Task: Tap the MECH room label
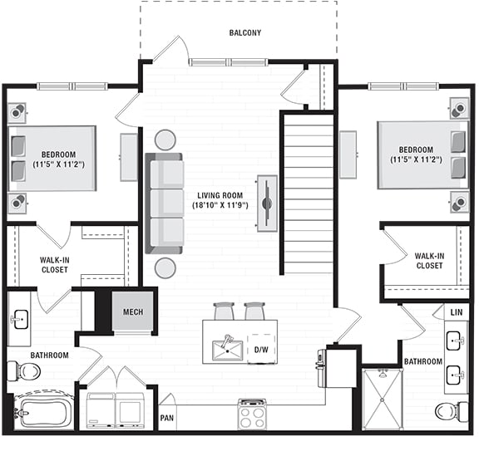tap(133, 312)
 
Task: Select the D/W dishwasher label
tap(260, 350)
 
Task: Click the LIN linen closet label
tap(456, 312)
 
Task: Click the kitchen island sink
tap(225, 349)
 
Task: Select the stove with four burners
tap(251, 413)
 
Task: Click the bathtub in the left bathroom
tap(44, 411)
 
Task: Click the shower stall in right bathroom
tap(383, 399)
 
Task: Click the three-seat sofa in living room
tap(165, 203)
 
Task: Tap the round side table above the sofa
tap(165, 140)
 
